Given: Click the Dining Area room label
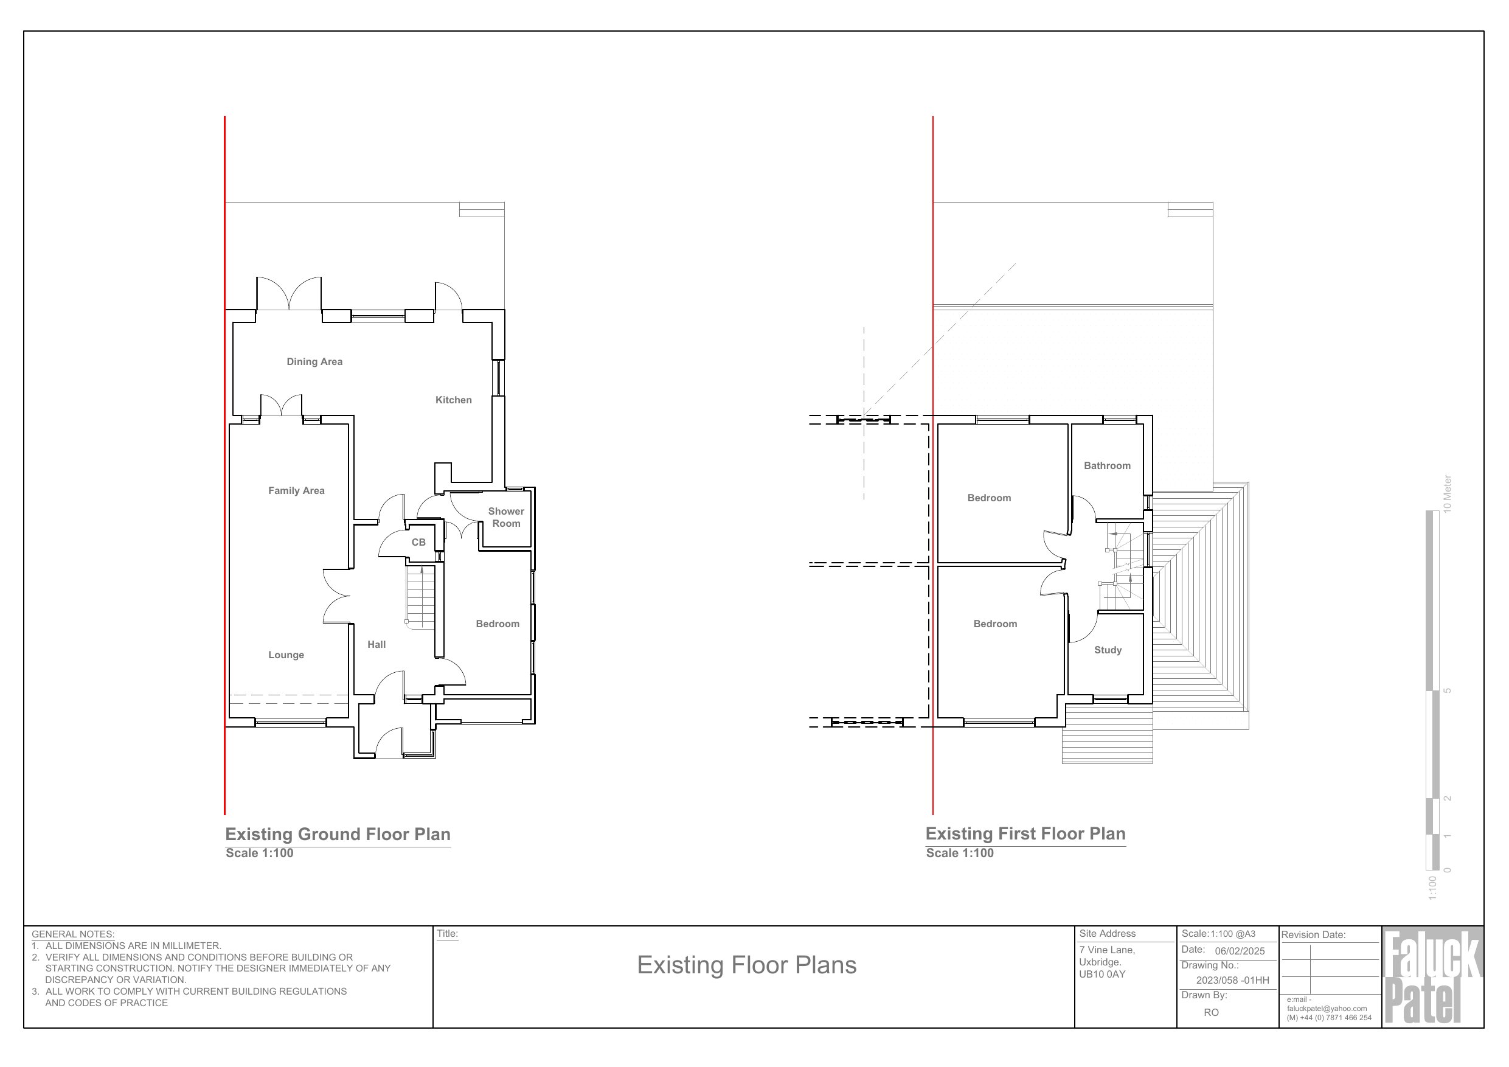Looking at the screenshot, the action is click(314, 361).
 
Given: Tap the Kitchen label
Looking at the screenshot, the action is click(454, 400).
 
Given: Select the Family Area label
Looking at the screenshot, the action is click(296, 490).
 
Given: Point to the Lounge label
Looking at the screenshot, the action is click(286, 655).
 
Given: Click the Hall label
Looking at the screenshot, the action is click(376, 644).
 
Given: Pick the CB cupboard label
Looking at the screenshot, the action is click(418, 543).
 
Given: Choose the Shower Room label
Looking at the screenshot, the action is click(506, 518).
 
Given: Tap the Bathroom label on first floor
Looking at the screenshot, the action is click(1108, 465).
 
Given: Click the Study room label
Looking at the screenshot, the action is click(1108, 650).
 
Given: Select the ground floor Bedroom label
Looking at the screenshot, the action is click(498, 624).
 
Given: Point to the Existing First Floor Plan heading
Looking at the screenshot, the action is click(1025, 833).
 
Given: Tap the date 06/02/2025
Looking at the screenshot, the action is click(1240, 951).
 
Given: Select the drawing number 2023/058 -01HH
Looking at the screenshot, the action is click(1232, 980).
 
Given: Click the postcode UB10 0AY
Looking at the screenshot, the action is click(1102, 975).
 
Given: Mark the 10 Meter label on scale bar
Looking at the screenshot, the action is click(1447, 494).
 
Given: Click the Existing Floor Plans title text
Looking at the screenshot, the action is click(747, 965).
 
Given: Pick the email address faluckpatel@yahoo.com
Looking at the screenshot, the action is click(1327, 1009).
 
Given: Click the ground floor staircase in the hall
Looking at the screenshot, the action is click(421, 597).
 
